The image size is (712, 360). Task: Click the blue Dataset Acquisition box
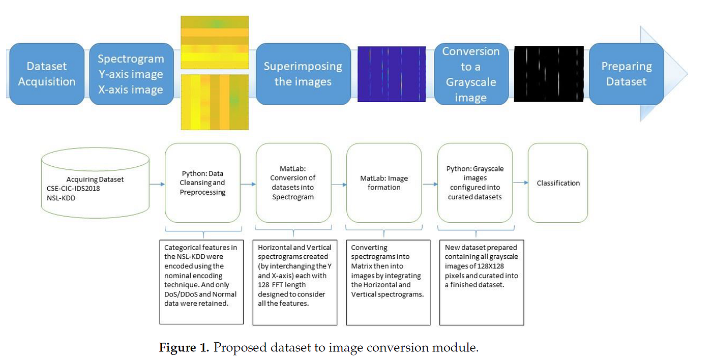(47, 74)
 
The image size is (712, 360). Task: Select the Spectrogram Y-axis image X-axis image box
(131, 74)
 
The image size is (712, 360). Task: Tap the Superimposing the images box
(303, 74)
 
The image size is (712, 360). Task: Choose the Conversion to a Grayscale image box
(471, 74)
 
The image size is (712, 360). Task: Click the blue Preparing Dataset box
(626, 74)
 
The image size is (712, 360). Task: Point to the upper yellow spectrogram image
(215, 42)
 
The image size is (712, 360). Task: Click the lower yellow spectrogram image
(215, 102)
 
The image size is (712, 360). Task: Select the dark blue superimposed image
(392, 74)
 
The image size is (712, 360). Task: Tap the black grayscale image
(549, 74)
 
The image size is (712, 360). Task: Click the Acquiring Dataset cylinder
(96, 183)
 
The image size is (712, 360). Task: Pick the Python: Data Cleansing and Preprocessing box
(202, 183)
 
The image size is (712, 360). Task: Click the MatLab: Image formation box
(384, 183)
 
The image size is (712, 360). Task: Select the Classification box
(558, 183)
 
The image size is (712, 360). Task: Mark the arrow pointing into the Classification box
(520, 183)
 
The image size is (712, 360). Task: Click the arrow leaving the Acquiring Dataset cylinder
(157, 184)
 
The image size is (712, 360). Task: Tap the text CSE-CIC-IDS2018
(73, 189)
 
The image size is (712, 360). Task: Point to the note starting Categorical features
(201, 282)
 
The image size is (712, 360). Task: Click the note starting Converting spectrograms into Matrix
(388, 283)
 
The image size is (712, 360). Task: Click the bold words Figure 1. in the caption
(184, 347)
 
